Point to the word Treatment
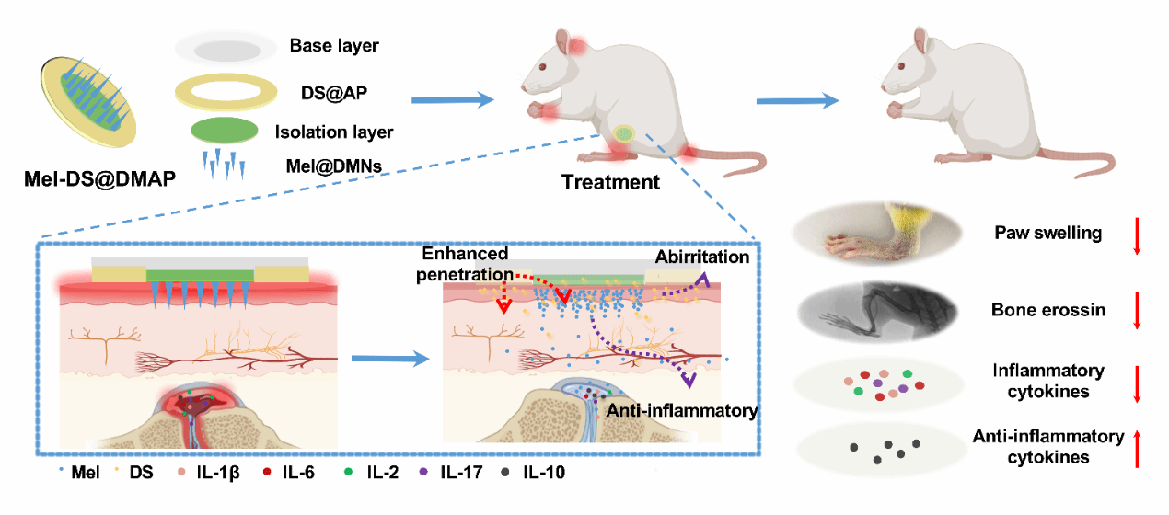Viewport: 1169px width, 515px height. (x=611, y=182)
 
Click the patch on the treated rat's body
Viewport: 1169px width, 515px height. (x=625, y=134)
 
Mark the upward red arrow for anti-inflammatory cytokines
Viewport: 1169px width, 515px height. (x=1139, y=449)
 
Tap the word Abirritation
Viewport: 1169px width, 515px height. (x=703, y=257)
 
